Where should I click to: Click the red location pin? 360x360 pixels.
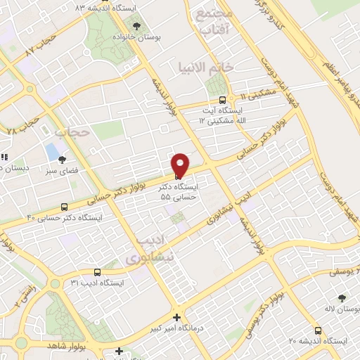point(180,165)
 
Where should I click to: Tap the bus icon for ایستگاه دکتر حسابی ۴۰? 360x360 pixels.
point(65,207)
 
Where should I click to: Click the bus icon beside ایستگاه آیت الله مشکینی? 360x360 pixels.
point(223,99)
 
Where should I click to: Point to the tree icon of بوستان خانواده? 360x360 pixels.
point(136,25)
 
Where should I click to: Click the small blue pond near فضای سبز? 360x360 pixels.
point(52,150)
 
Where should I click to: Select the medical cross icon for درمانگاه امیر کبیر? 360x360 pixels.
point(176,317)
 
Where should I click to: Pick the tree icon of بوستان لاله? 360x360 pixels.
point(342,298)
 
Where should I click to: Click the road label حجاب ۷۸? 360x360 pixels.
point(20,127)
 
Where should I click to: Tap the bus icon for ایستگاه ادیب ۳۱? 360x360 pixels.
point(97,271)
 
